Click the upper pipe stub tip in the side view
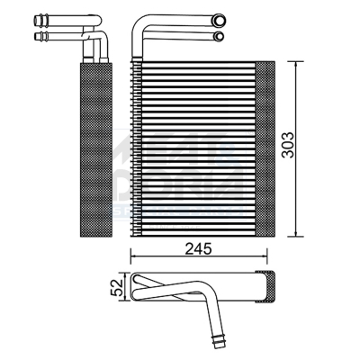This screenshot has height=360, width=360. [x=40, y=21]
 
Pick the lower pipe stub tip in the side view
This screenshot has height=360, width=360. [x=40, y=37]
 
